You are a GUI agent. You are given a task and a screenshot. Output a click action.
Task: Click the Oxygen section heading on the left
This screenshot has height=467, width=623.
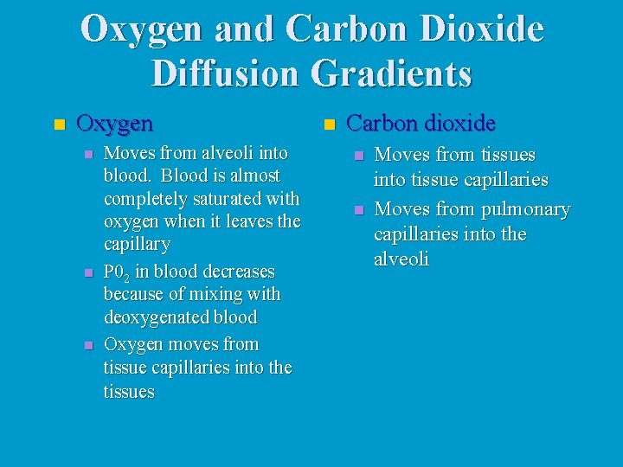click(115, 124)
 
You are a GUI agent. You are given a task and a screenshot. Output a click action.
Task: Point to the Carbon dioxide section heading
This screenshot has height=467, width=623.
click(421, 124)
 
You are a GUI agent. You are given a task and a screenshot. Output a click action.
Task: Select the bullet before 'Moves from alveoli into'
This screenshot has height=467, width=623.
click(87, 155)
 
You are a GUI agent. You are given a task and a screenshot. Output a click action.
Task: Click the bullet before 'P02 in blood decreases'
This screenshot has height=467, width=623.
click(87, 273)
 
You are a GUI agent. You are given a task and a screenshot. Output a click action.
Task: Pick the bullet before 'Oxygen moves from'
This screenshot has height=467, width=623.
click(87, 346)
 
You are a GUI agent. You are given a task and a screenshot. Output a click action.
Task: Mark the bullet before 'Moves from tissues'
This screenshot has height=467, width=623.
click(356, 157)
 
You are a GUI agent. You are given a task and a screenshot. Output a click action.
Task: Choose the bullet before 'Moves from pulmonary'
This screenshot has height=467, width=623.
click(356, 211)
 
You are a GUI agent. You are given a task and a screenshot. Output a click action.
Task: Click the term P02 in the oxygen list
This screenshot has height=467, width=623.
click(117, 272)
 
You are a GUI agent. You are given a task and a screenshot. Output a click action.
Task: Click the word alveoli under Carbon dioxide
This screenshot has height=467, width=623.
click(401, 260)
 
